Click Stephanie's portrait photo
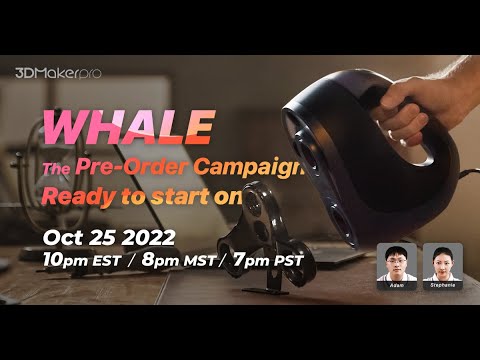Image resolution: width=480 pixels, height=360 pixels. pyautogui.click(x=441, y=261)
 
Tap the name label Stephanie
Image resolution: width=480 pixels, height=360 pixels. pyautogui.click(x=441, y=285)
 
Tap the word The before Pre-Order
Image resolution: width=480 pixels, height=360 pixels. pyautogui.click(x=56, y=167)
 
